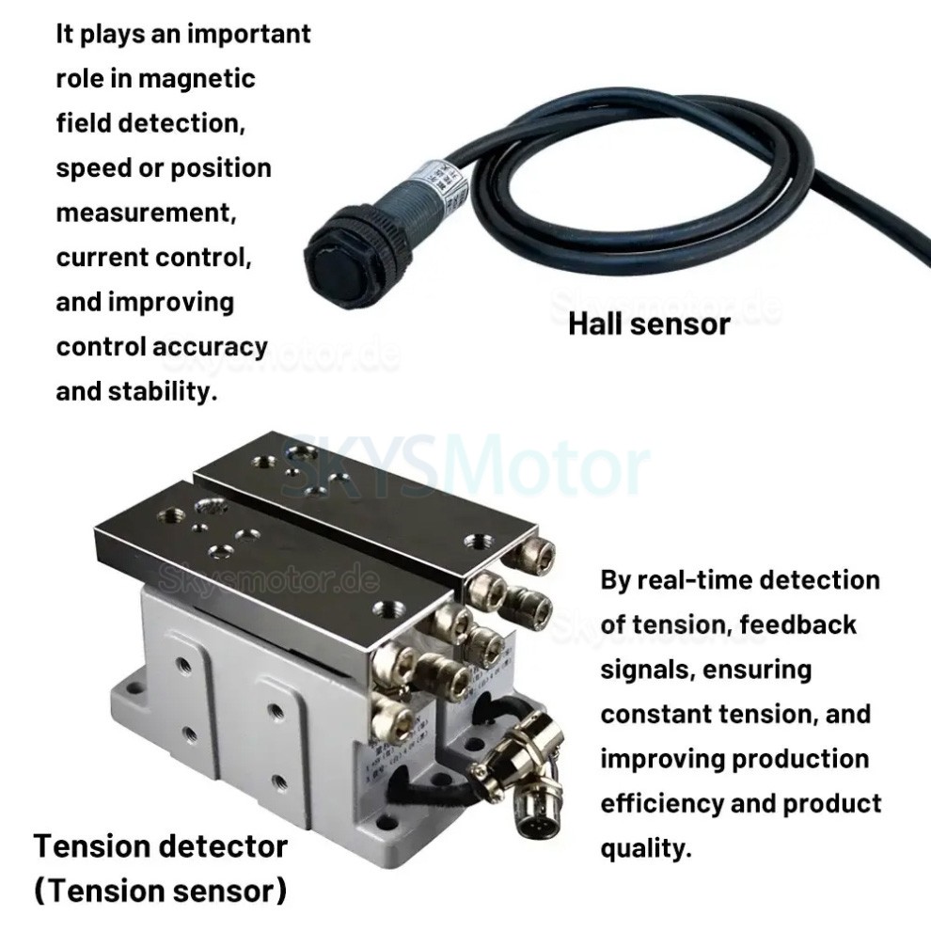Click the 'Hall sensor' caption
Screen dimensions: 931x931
coord(648,324)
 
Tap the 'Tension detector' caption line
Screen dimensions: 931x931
coord(161,845)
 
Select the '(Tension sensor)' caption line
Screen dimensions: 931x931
coord(161,890)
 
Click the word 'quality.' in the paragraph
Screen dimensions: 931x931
coord(646,848)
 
